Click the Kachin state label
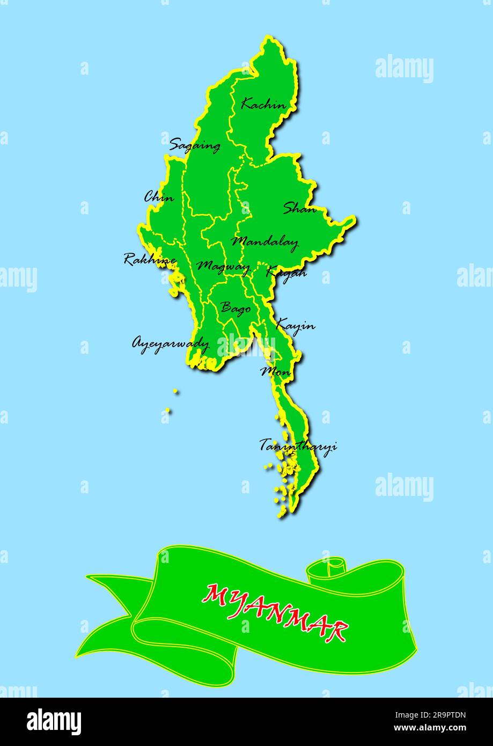[263, 104]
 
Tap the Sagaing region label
[194, 145]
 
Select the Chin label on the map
[159, 197]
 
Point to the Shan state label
[299, 208]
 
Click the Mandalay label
[264, 243]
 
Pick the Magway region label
[223, 266]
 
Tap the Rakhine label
[150, 260]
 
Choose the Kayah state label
[286, 273]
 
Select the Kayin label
[295, 325]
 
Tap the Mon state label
[276, 371]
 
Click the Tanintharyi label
[298, 445]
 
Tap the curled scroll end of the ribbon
[327, 571]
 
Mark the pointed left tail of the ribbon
[91, 577]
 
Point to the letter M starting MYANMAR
[216, 594]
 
